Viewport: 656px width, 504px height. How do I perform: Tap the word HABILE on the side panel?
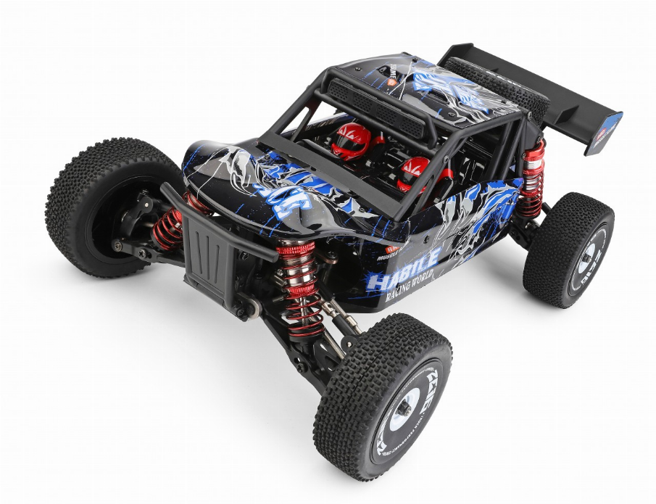click(x=402, y=265)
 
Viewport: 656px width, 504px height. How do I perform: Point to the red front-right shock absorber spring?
click(x=299, y=286)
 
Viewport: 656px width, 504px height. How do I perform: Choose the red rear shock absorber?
click(x=531, y=178)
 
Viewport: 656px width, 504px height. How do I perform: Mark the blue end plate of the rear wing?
click(x=605, y=134)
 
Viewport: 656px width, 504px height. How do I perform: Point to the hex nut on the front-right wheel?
click(x=403, y=408)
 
